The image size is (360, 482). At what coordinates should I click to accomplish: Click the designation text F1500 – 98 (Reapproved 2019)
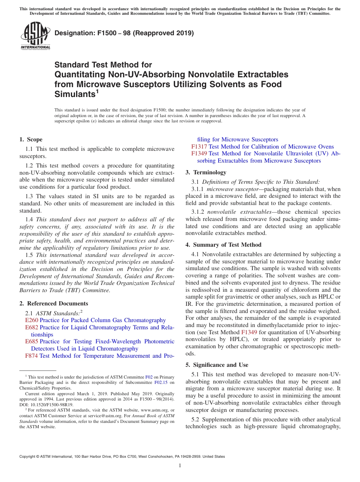(x=124, y=33)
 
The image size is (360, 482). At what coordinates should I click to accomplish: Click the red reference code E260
(x=31, y=321)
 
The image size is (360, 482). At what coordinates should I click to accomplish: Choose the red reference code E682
(x=31, y=327)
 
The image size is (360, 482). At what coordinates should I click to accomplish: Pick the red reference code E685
(x=31, y=341)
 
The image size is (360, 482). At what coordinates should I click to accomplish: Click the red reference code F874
(x=31, y=356)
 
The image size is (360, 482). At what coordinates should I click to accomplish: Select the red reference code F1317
(x=199, y=147)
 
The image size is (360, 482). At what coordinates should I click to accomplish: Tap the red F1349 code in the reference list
(x=199, y=153)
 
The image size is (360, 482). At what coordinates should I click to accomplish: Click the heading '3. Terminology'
(x=206, y=172)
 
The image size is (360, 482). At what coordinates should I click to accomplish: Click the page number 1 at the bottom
(x=180, y=465)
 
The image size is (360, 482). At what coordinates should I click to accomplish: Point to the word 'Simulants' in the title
(x=74, y=94)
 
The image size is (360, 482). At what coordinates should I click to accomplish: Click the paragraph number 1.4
(x=29, y=219)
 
